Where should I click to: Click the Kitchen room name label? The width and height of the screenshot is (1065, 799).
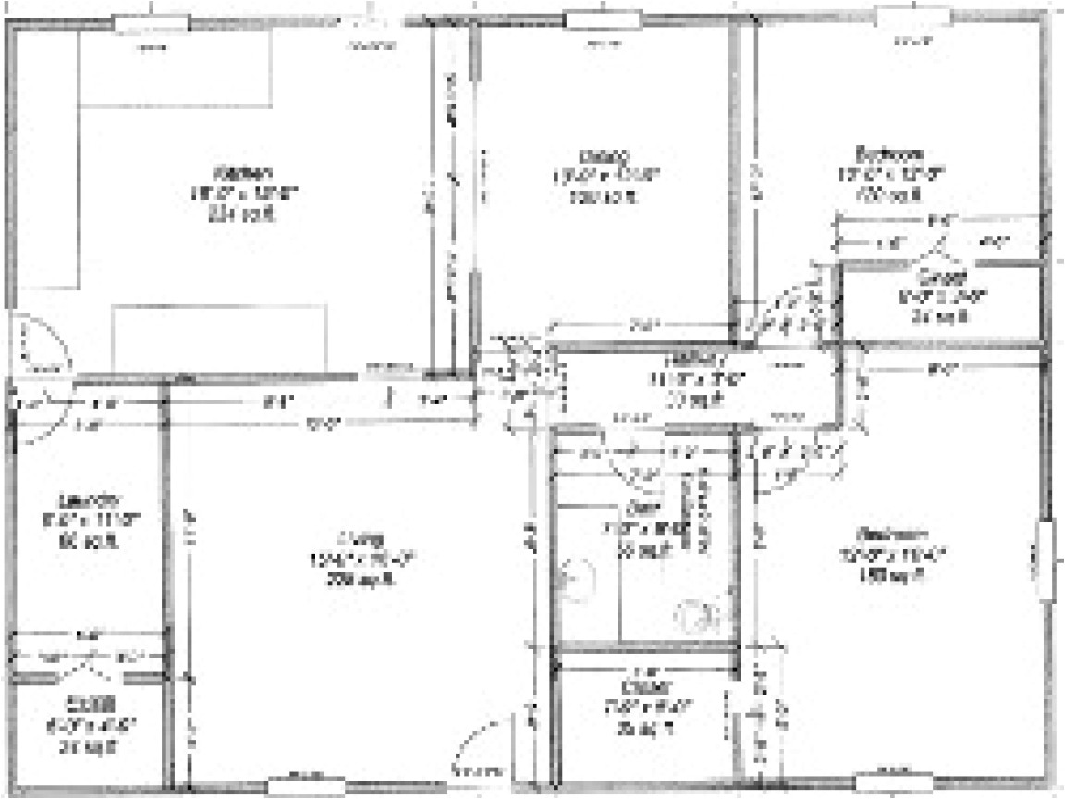click(243, 173)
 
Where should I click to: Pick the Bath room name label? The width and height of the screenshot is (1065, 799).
click(638, 508)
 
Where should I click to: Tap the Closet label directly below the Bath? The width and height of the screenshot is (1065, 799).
click(640, 687)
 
